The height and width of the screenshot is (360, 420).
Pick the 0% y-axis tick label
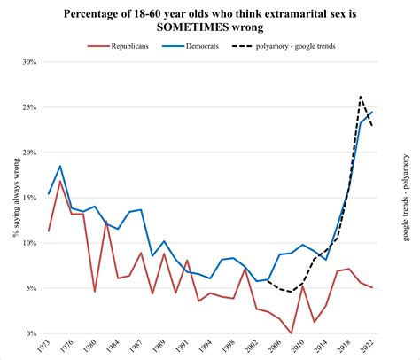pyautogui.click(x=33, y=333)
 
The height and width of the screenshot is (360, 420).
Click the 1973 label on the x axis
pyautogui.click(x=44, y=348)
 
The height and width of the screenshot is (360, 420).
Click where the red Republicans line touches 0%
pyautogui.click(x=291, y=333)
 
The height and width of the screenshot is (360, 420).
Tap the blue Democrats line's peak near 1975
pyautogui.click(x=60, y=166)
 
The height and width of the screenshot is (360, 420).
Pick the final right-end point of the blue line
pyautogui.click(x=371, y=113)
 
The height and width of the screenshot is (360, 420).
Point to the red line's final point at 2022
pyautogui.click(x=371, y=288)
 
